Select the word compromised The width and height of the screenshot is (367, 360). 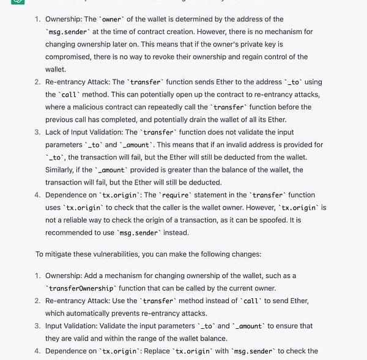tap(67, 57)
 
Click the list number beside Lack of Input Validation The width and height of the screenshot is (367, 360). tap(37, 132)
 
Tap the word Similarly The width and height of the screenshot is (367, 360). tap(62, 170)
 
